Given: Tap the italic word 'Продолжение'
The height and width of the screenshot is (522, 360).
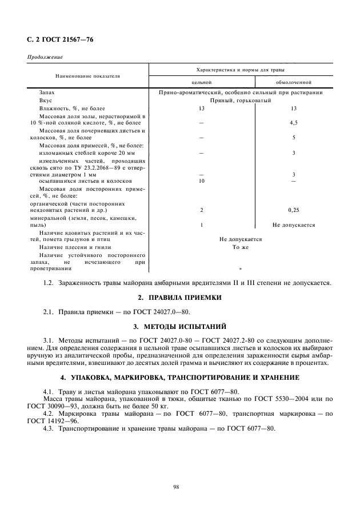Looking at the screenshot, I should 45,57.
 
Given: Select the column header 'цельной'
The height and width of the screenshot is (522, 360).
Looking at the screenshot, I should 201,82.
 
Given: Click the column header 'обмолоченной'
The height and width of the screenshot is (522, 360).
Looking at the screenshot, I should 293,82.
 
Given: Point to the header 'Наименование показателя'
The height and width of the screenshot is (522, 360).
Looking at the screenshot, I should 87,75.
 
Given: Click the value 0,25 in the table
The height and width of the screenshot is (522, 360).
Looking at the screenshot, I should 294,210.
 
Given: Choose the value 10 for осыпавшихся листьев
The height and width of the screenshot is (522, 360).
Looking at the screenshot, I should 201,181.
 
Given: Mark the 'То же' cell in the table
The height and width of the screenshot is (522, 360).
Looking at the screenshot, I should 240,247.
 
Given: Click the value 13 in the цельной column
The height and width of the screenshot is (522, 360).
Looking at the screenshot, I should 201,108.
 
